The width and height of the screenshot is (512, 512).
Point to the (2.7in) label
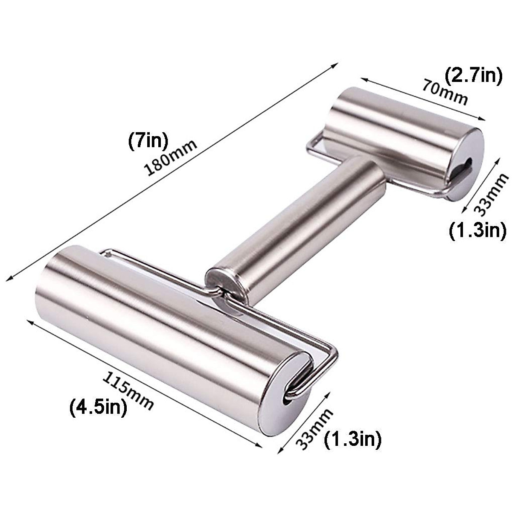(x=474, y=77)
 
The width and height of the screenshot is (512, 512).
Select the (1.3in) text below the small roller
(x=477, y=230)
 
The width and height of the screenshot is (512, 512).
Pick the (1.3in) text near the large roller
(x=352, y=439)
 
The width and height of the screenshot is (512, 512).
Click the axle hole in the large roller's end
(x=287, y=400)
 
